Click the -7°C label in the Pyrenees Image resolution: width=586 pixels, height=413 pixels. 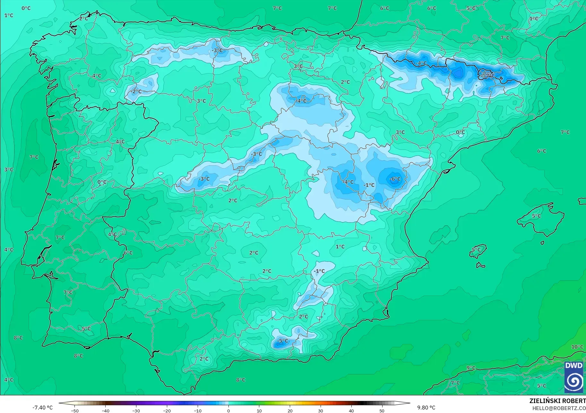coord(488,76)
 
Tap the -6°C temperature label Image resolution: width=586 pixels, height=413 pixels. coord(395,179)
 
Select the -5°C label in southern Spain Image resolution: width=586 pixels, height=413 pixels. coord(282,341)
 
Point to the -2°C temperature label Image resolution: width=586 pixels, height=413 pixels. coord(136,91)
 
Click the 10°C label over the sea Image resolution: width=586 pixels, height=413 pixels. coord(577,347)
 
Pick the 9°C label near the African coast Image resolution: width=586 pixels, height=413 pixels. coord(471,368)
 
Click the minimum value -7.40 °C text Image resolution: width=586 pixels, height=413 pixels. coord(42,408)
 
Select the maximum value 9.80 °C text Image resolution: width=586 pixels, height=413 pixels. coord(426,408)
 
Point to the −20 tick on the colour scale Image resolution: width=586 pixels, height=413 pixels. coord(167,410)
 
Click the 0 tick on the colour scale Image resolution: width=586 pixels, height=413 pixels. coord(228,410)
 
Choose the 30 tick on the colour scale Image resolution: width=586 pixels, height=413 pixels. coord(321,410)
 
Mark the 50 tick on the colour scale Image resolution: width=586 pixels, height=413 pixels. coord(382,410)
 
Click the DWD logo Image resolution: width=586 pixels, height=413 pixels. coord(574,377)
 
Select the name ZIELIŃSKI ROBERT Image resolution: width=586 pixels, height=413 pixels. coord(557,401)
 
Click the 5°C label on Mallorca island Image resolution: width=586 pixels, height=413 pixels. coord(536,216)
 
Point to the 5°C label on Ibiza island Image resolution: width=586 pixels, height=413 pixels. coord(476,250)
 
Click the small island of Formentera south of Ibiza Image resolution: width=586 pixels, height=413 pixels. coord(480,265)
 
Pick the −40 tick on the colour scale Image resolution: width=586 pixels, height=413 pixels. coord(105,410)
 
